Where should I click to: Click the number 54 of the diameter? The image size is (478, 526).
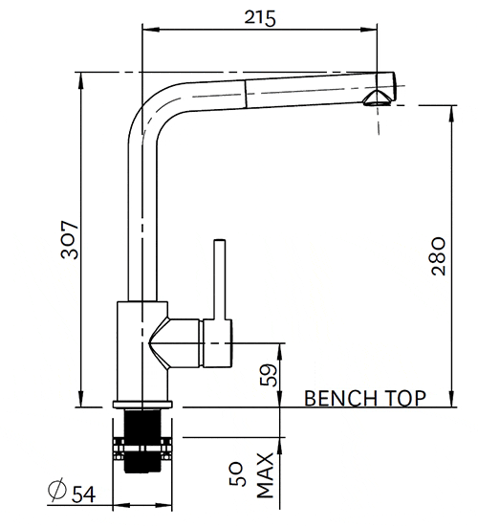click(84, 493)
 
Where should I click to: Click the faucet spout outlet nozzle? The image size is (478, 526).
click(380, 96)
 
